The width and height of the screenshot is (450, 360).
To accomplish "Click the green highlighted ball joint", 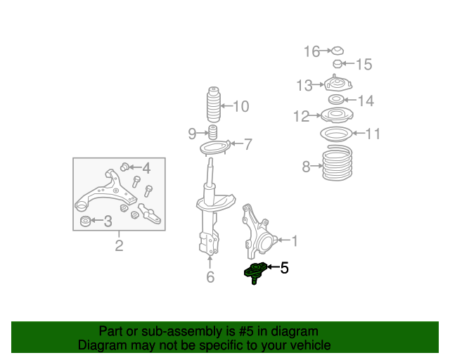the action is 255,272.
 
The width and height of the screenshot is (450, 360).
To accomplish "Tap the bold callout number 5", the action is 284,268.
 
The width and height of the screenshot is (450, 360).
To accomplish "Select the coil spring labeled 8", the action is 337,163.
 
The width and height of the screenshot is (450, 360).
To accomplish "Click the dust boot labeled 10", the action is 214,105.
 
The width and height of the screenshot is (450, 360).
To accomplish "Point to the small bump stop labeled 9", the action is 212,132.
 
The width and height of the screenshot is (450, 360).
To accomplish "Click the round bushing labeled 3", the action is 86,221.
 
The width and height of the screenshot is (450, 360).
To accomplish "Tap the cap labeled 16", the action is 337,51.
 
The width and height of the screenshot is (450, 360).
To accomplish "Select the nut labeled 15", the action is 337,64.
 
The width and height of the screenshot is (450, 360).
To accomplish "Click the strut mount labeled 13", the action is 337,84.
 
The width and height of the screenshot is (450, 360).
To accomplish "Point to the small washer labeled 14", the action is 336,100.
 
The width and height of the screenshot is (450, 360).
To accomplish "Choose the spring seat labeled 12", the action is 337,115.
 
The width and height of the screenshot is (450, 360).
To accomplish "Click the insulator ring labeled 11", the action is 336,134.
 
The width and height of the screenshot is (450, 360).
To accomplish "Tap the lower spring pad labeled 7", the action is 214,147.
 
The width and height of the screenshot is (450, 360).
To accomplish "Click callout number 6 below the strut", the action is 210,277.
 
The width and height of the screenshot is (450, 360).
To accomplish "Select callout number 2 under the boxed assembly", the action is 119,245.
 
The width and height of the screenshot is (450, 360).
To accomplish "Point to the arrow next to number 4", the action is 135,167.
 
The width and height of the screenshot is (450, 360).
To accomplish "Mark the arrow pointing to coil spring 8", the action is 317,166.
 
